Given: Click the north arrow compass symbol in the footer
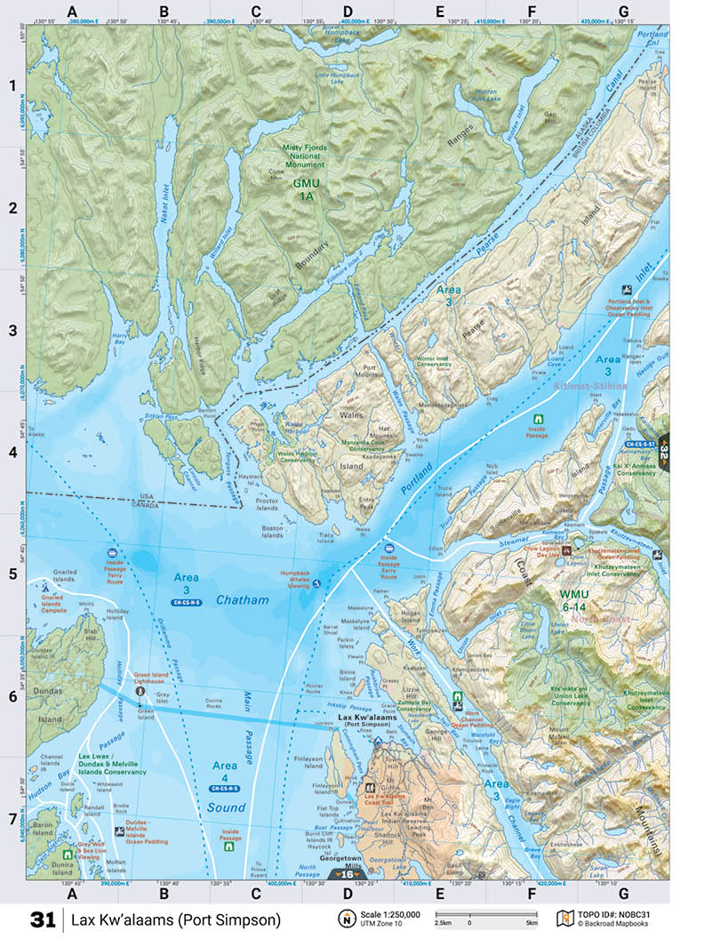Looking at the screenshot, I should point(347,919).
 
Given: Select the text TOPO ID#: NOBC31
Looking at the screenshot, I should point(614,913).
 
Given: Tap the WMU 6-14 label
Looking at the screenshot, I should point(575,599).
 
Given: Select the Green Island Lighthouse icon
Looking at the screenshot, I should point(139,690).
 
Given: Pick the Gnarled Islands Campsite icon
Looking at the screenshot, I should point(44,586).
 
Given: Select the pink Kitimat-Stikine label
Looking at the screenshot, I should point(590,387).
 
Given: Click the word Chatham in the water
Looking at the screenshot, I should point(242,600).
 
